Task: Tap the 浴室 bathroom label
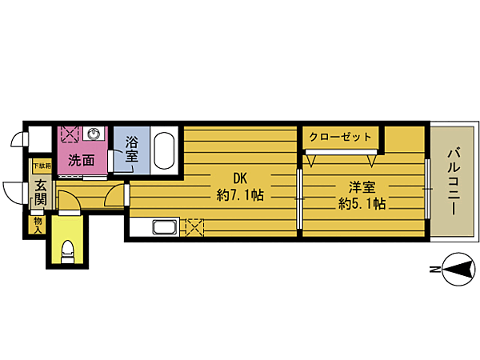coord(132,150)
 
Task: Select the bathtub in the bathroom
coord(164,150)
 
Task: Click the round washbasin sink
coord(94,134)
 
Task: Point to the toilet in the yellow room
coord(68,254)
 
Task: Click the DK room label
coord(241,178)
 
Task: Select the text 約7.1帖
coord(241,194)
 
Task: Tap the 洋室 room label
coord(362,188)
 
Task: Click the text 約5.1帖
coord(362,204)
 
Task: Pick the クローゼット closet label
coord(341,136)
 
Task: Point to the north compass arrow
coord(458,271)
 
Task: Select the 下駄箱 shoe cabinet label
coord(40,167)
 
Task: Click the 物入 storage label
coord(38,224)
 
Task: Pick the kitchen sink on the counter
coord(164,228)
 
